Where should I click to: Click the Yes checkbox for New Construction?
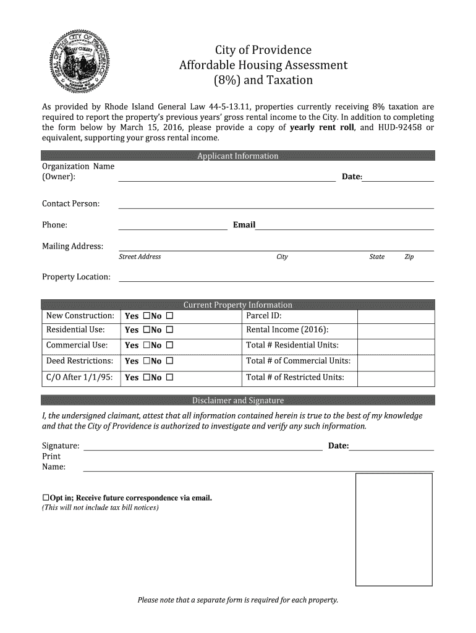147,316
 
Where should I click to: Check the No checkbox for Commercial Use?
169,346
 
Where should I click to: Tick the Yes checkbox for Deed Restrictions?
147,361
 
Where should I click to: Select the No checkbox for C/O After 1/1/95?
169,377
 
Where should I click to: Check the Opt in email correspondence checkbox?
45,498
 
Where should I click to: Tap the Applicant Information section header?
237,156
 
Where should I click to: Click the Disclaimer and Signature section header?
237,400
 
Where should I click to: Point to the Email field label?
244,224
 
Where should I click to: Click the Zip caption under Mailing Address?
409,257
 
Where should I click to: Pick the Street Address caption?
140,257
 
